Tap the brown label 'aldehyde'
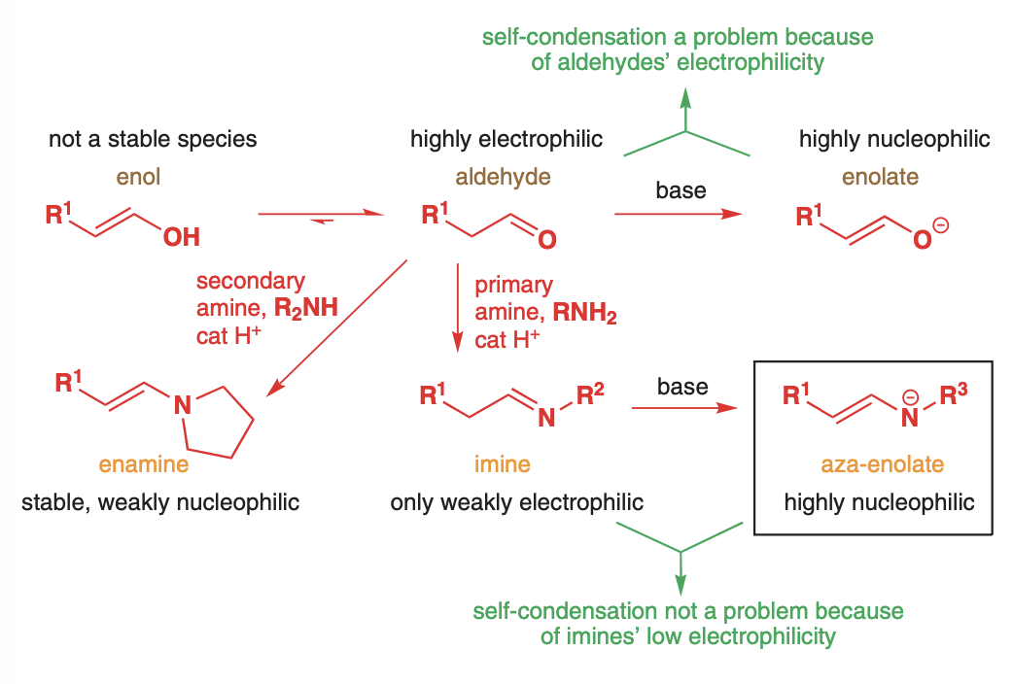(503, 177)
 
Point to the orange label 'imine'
(503, 464)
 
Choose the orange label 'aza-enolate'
(882, 464)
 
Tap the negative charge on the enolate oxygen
(941, 226)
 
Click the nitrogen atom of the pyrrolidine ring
(182, 407)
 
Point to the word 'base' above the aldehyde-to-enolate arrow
(681, 190)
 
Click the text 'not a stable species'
(153, 139)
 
